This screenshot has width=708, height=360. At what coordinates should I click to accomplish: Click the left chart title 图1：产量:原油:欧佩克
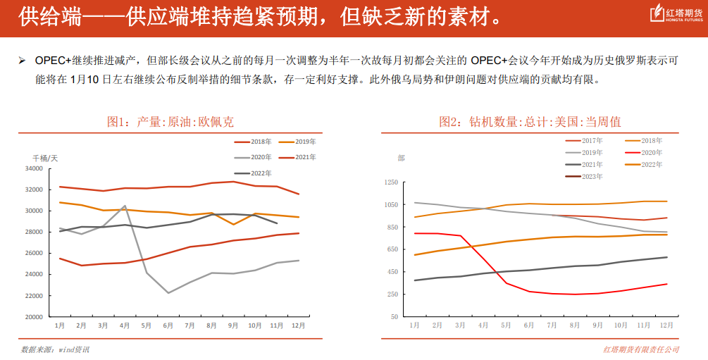point(170,122)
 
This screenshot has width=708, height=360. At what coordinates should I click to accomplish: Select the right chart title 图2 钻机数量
point(530,122)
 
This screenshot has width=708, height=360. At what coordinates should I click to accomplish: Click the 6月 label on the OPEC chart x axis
point(168,325)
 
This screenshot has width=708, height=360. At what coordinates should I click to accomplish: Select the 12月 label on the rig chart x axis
point(666,325)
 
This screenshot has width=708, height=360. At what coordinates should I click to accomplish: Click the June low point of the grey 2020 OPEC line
point(168,292)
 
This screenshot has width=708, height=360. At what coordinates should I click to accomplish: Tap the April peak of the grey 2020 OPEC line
point(125,206)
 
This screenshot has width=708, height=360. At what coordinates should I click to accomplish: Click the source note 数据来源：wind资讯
point(56,349)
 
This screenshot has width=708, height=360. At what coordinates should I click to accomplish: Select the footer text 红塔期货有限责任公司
point(641,349)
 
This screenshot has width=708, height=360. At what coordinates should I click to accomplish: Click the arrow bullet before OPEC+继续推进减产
point(23,61)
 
